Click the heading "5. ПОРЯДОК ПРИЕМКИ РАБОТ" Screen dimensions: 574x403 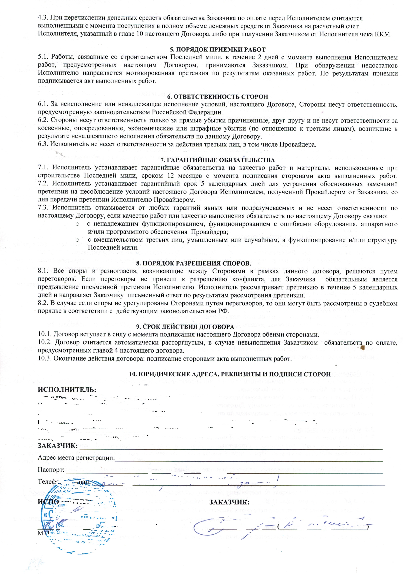click(x=217, y=49)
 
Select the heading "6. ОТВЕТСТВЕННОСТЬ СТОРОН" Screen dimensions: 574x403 click(x=217, y=97)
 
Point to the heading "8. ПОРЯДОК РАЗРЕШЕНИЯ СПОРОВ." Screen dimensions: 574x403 click(x=193, y=263)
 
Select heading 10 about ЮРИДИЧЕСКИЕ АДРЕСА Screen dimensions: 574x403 click(x=230, y=374)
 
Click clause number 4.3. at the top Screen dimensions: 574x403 click(x=43, y=18)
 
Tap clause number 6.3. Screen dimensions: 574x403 click(x=43, y=144)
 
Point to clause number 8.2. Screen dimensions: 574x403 click(x=43, y=304)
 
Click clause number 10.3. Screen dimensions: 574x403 click(x=45, y=359)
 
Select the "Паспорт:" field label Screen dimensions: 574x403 click(x=51, y=470)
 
